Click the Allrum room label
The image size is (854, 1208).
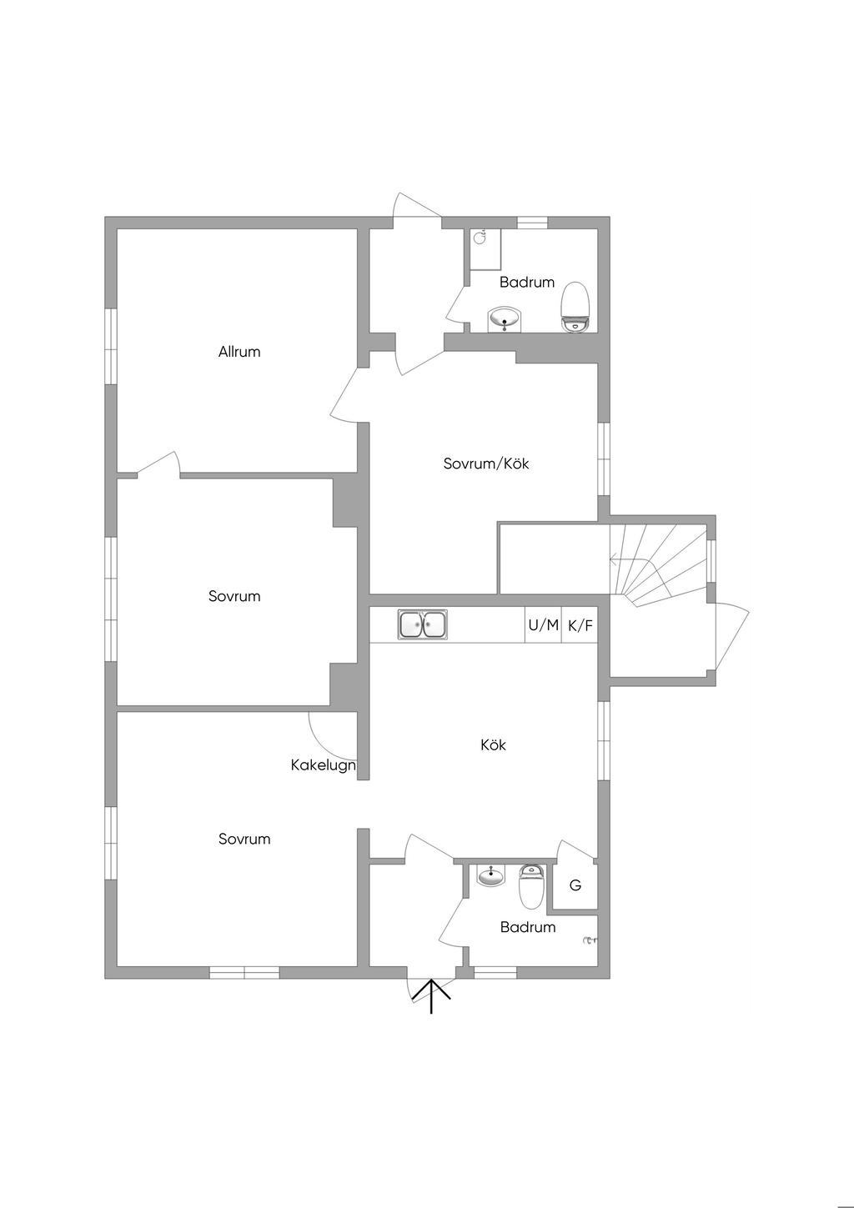point(239,352)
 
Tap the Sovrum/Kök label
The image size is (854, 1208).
point(486,464)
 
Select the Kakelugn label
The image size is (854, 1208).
point(323,765)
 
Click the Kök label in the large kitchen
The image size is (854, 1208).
point(493,744)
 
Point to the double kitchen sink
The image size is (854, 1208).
point(423,624)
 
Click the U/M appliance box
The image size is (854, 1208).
point(543,625)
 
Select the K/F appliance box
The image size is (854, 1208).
point(580,625)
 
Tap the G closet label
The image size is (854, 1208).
point(575,885)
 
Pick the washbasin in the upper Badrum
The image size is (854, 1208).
point(505,319)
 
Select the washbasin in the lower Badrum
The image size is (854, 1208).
point(491,875)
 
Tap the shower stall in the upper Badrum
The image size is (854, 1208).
point(485,249)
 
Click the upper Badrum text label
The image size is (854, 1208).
point(527,282)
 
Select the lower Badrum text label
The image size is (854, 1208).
point(528,927)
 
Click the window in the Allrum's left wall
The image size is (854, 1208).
point(111,346)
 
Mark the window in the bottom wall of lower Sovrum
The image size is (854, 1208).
point(244,972)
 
